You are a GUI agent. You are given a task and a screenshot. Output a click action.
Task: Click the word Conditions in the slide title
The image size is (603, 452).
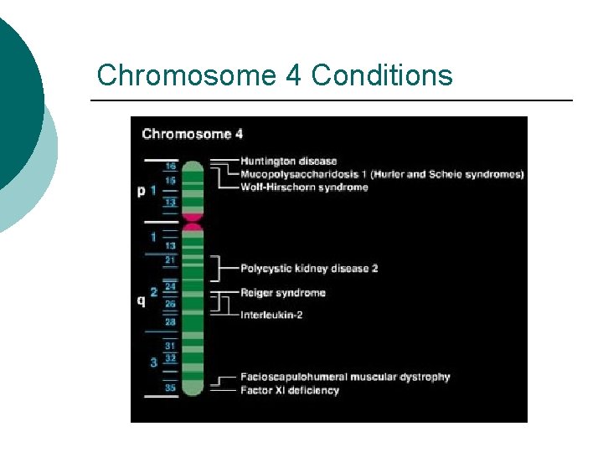coord(381,75)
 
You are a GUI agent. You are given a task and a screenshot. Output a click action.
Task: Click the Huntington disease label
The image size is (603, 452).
coord(288,161)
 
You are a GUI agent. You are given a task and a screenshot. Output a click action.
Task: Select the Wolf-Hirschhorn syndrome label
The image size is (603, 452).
coord(304,187)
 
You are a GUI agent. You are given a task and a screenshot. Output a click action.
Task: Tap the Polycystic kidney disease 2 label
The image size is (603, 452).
coord(309,269)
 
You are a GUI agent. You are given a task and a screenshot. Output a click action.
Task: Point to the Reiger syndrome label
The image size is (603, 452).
coord(282,293)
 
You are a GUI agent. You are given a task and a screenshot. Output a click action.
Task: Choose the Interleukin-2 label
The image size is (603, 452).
coord(272,315)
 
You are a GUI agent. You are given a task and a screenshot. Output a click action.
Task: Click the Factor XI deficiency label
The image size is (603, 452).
coord(289,390)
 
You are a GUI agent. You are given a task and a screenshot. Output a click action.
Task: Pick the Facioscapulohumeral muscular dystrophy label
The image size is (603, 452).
coord(345,377)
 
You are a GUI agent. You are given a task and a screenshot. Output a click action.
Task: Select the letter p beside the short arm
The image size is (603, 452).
coord(141,191)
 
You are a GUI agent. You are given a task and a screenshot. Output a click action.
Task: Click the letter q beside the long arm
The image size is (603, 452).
coord(141,300)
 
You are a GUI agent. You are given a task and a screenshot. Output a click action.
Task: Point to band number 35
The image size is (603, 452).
coord(170,388)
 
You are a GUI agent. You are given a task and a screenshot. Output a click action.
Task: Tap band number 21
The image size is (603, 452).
coord(170,260)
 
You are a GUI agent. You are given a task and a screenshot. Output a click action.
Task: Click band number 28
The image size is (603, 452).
coord(170,321)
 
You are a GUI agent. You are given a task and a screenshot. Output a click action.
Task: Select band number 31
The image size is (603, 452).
coord(170,346)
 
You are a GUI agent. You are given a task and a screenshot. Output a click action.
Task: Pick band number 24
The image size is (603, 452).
coord(170,286)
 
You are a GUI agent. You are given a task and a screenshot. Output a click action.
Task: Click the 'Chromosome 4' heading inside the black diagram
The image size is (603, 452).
coord(192,134)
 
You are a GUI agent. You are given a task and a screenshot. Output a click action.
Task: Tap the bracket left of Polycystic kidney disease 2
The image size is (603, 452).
coord(219,269)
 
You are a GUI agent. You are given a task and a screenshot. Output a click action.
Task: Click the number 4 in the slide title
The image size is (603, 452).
coord(293,75)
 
